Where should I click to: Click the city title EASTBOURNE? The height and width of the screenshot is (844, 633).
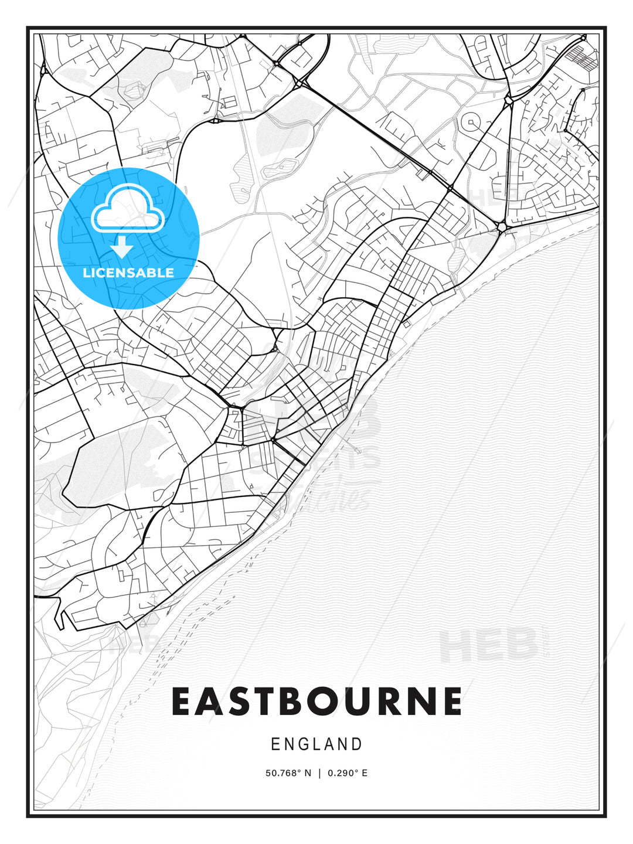pos(316,702)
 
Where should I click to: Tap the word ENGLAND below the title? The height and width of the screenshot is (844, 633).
pos(316,744)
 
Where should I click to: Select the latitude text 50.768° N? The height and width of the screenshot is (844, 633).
pos(289,773)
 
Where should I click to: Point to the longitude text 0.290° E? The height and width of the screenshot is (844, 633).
pos(348,773)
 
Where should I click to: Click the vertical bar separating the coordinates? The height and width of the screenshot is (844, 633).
pos(319,773)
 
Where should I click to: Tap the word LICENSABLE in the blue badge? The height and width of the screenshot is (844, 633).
pos(128,273)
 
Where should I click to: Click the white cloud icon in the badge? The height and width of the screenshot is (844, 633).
pos(128,209)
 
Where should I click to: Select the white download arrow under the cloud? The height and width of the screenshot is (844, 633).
pos(122,247)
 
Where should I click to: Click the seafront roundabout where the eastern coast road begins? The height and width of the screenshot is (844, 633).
pos(502,227)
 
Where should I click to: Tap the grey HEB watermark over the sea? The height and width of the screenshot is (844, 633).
pos(488,645)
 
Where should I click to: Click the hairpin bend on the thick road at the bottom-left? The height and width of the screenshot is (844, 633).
pos(60,618)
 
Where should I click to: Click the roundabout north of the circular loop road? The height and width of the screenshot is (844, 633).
pos(508,101)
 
